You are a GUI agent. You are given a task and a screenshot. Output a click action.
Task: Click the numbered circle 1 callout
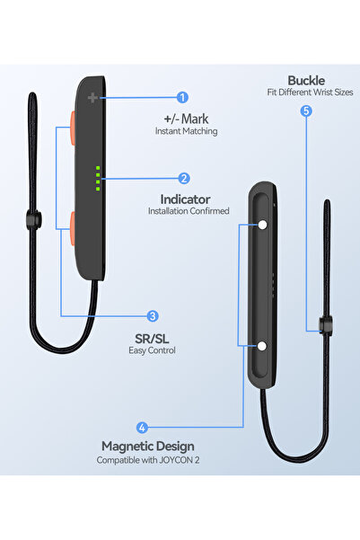tap(182, 97)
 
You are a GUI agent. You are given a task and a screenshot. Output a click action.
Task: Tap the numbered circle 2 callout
tap(184, 179)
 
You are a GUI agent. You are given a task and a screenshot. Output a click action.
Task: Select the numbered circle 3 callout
tap(153, 316)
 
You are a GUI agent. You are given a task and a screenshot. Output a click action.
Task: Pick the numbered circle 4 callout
tap(142, 428)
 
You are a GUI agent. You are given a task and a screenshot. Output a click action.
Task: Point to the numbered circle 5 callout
tap(306, 111)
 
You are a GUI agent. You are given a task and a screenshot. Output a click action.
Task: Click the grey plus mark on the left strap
tap(92, 98)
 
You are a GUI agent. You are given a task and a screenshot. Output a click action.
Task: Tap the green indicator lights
tap(98, 179)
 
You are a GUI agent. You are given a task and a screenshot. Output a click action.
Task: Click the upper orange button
tap(73, 128)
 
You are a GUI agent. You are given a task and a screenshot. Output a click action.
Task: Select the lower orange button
tap(73, 229)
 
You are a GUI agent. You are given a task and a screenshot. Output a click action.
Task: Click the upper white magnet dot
tap(263, 225)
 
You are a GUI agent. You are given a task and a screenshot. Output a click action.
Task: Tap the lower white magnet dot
tap(262, 346)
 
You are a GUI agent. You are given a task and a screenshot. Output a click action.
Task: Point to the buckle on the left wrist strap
tap(34, 219)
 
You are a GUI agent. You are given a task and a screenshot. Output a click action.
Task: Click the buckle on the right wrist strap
tap(326, 326)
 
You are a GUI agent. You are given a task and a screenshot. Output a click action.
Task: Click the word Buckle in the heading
tap(306, 81)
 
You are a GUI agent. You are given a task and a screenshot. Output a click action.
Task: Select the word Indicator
tap(185, 199)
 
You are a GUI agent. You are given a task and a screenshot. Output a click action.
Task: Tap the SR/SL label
tap(152, 339)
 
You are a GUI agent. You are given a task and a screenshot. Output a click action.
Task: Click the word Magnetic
tap(129, 447)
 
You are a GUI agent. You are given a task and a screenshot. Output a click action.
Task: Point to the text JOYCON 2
tap(180, 460)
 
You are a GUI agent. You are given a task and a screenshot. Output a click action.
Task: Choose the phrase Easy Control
tap(152, 350)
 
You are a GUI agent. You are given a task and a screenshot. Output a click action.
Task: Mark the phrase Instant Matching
tap(186, 131)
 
